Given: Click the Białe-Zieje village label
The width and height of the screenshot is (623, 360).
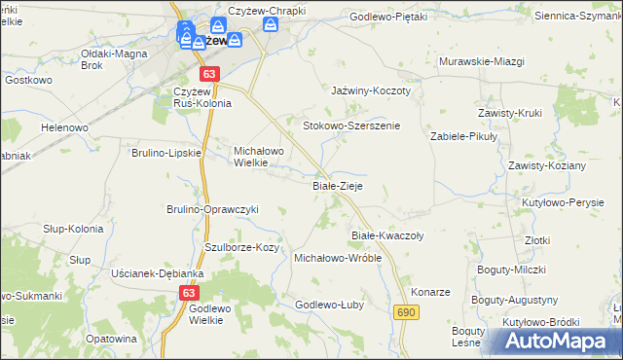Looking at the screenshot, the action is tap(338, 185).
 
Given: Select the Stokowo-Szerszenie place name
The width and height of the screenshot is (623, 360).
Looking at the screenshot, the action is tap(351, 126).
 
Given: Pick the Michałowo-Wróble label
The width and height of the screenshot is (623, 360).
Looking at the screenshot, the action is tap(338, 258).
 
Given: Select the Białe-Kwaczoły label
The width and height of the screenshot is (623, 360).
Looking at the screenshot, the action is tap(386, 235).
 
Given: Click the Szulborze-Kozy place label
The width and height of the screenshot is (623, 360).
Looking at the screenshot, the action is tap(242, 248).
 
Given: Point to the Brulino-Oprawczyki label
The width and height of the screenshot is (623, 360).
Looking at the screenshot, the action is tap(211, 209).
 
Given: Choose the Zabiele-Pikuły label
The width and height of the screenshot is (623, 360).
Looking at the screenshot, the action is tap(464, 137).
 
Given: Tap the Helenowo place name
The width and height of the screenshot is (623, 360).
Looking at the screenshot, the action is tap(65, 127).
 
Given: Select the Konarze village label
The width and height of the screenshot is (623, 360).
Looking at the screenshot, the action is tap(430, 292).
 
